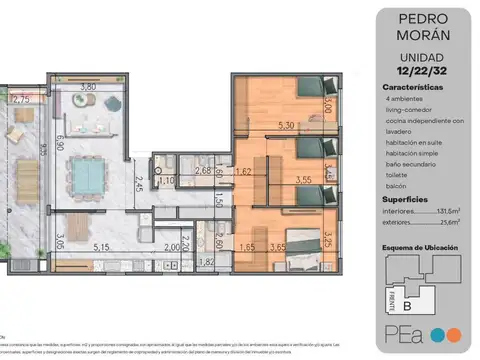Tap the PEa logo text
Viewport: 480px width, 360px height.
(x=402, y=332)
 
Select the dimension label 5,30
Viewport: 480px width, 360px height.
(x=285, y=125)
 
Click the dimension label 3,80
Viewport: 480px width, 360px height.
(x=87, y=87)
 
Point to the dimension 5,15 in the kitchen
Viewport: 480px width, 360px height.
(x=100, y=245)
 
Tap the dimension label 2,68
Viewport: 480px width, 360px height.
(x=203, y=171)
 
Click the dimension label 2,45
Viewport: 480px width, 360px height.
(x=141, y=182)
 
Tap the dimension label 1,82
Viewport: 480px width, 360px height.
(x=206, y=262)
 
